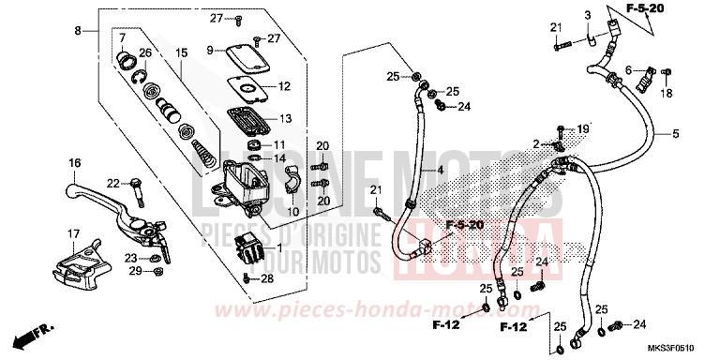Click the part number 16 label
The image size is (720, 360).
click(x=73, y=163)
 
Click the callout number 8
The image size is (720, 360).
click(x=79, y=31)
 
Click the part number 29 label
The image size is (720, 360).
click(x=135, y=271)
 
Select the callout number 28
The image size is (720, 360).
click(x=268, y=278)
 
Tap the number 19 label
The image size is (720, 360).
click(x=582, y=129)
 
